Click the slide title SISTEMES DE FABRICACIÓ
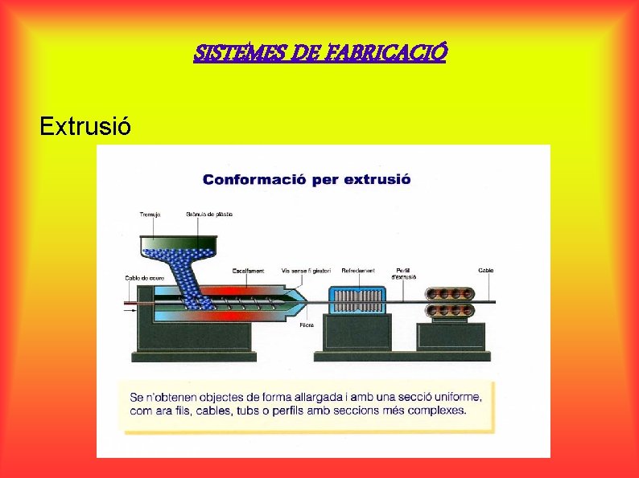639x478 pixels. click(319, 53)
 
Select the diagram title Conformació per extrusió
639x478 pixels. click(307, 178)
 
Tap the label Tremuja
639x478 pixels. click(150, 214)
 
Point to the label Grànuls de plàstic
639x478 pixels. click(209, 214)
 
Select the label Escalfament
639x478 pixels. click(249, 271)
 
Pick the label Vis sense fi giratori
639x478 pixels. click(305, 271)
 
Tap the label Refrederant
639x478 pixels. click(358, 271)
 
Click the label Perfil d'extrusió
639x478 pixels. click(404, 273)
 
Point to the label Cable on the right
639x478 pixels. click(486, 271)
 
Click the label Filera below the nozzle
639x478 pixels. click(307, 325)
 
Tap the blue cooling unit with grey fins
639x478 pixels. click(357, 301)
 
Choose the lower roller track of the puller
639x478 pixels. click(455, 310)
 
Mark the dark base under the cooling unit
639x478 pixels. click(357, 333)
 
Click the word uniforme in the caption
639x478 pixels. click(457, 396)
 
